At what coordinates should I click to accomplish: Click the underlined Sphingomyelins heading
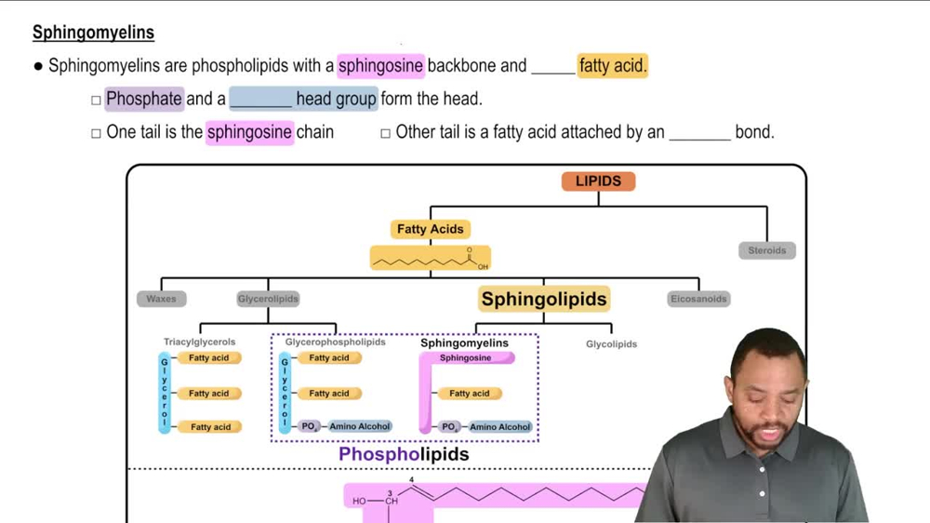pos(93,33)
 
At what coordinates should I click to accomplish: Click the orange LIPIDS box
pos(598,181)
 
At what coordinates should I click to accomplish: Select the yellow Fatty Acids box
pos(430,229)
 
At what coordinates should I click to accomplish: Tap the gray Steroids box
pos(766,250)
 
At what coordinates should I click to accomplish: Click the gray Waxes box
pos(161,299)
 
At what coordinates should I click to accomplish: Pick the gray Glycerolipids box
pos(268,299)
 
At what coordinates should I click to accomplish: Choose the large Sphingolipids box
pos(544,299)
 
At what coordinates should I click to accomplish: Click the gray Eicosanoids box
pos(698,299)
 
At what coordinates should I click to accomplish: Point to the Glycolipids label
pos(611,344)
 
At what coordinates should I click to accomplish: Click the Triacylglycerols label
pos(200,342)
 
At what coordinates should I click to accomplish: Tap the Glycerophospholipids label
pos(335,342)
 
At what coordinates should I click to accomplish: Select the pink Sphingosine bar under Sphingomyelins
pos(466,358)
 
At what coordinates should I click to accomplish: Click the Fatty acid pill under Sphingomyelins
pos(470,394)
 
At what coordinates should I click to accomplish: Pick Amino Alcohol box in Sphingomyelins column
pos(500,427)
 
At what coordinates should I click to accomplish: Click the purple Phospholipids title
pos(404,454)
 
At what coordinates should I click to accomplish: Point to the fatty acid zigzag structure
pos(430,260)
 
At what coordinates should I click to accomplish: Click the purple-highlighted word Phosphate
pos(143,99)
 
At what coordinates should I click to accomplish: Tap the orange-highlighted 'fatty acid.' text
pos(612,66)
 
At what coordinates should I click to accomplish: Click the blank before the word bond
pos(699,132)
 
